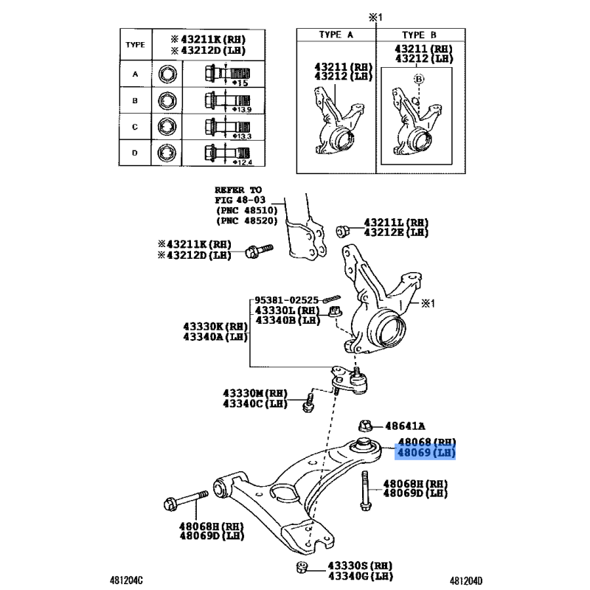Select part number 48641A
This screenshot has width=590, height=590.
tap(404, 426)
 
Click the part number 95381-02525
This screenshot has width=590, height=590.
tap(287, 300)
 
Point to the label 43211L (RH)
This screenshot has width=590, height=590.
tap(396, 222)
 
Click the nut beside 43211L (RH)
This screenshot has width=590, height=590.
tap(343, 230)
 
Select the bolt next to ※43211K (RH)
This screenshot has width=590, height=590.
tap(258, 251)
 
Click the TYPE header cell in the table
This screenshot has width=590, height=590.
tap(135, 44)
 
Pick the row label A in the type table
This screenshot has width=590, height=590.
tap(135, 74)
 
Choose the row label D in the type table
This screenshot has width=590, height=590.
tap(135, 153)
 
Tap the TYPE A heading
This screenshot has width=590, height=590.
tap(336, 35)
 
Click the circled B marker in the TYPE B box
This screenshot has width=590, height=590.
tap(418, 78)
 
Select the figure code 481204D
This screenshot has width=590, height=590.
tap(470, 580)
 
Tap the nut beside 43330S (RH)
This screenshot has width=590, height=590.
tap(300, 567)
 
